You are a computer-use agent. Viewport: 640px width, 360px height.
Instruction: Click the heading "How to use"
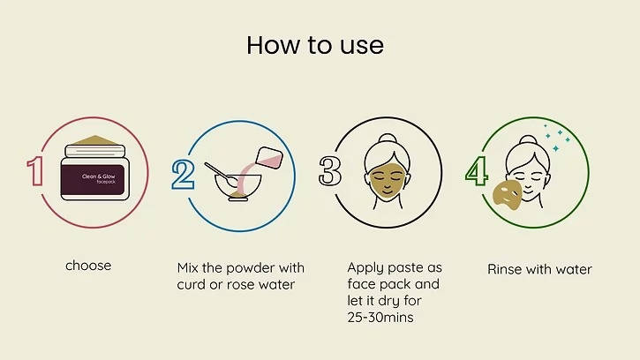point(315,44)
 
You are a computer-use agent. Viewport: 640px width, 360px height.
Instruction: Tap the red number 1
point(36,172)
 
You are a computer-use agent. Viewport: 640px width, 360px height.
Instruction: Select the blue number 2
point(183,173)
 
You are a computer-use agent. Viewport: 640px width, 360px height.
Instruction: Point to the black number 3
point(330,172)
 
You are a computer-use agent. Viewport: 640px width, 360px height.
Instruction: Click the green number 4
point(477,172)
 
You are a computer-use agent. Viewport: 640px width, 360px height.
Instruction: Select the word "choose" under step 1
point(88,265)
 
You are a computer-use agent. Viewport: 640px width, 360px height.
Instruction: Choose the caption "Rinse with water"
point(539,269)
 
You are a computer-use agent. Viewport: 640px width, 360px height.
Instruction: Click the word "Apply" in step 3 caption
point(365,267)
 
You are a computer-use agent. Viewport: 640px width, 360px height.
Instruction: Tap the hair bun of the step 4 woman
point(528,140)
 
